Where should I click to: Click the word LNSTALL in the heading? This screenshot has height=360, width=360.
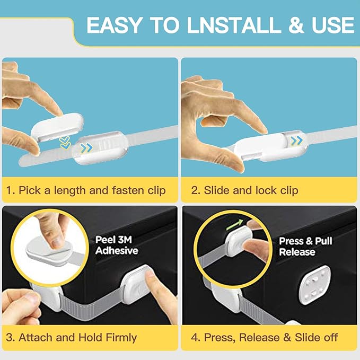coord(234,25)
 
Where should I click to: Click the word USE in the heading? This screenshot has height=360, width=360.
coord(333,25)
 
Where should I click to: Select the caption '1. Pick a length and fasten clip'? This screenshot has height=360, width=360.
coord(86,190)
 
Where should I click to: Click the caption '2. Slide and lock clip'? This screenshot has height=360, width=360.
coord(245,190)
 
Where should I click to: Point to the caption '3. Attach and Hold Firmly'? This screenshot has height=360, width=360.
coord(72,338)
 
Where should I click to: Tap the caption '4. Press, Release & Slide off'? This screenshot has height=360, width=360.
coord(264,338)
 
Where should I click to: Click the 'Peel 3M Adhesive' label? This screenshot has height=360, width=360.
coord(117,245)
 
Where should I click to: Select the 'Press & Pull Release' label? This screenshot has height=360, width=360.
coord(305,247)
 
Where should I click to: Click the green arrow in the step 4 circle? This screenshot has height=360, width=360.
coord(234,224)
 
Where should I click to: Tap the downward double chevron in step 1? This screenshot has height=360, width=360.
coord(65,142)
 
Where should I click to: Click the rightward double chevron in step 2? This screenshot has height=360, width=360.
coord(296,141)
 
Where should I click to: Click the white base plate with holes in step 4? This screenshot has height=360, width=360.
coord(315,285)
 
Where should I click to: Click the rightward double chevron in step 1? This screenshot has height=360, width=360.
coord(87,148)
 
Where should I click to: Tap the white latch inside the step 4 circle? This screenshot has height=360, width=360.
coord(239,241)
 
